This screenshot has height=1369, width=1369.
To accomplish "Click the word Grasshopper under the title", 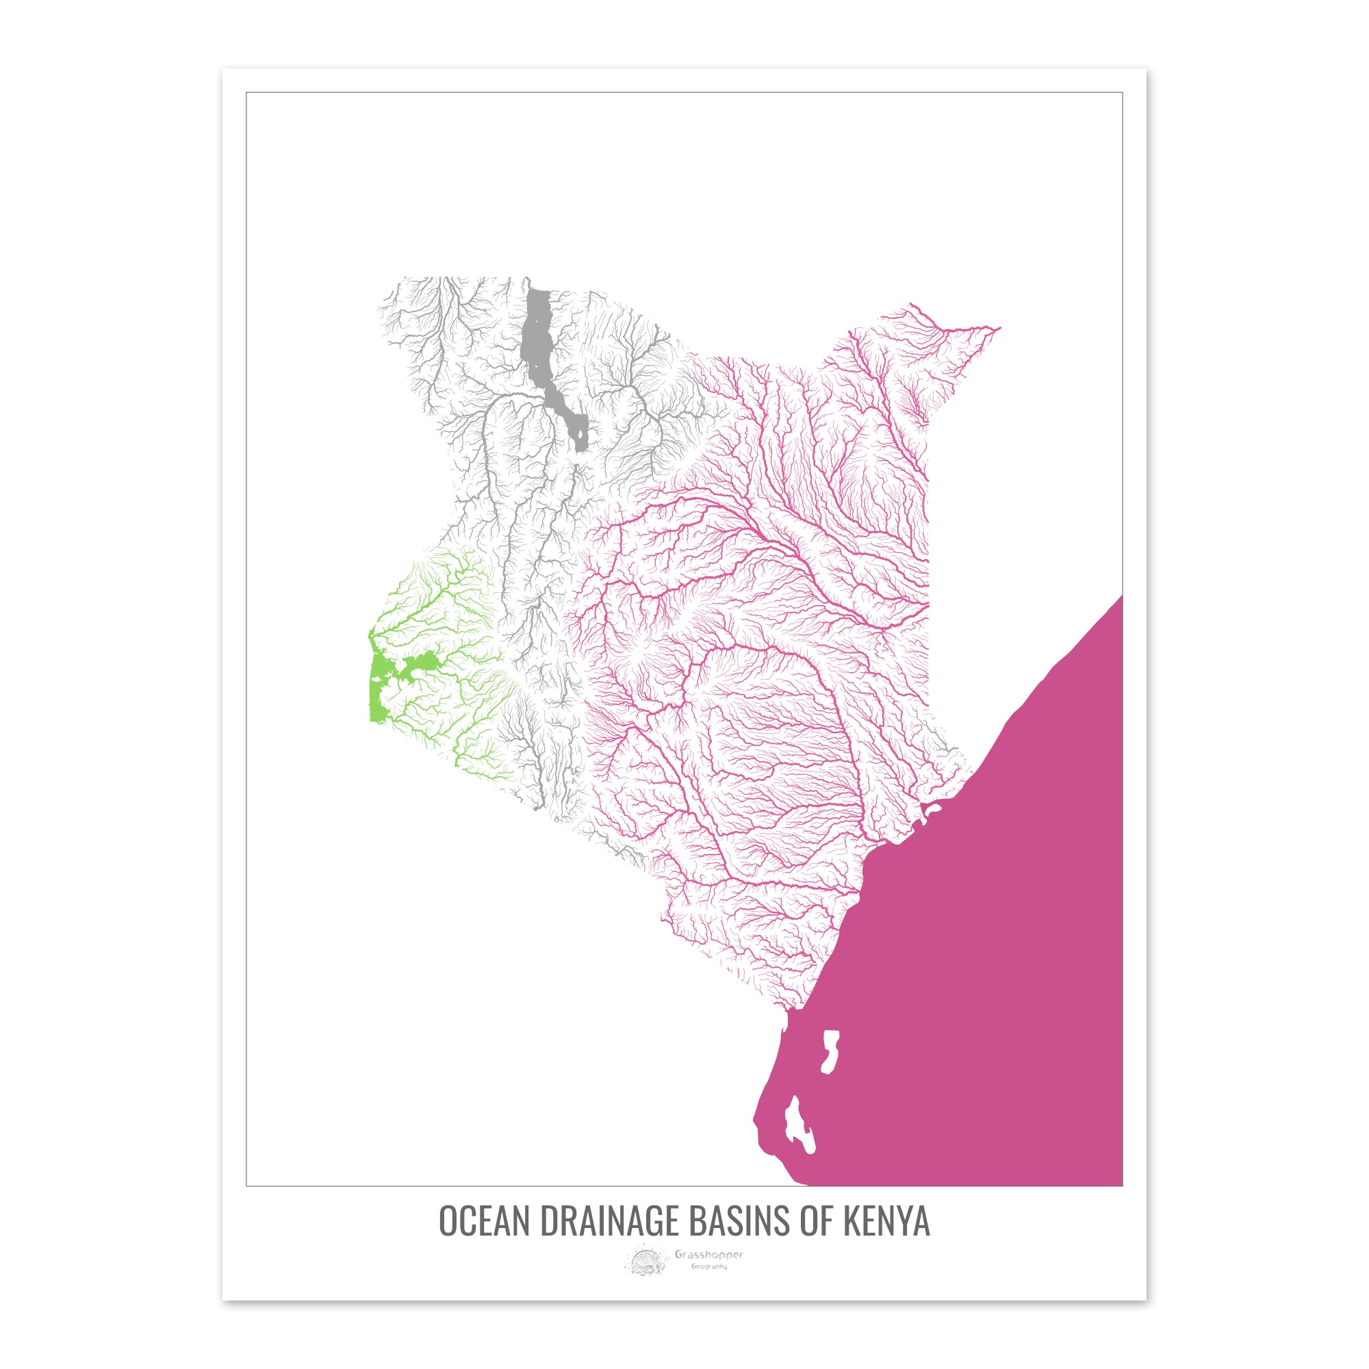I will coord(708,1255).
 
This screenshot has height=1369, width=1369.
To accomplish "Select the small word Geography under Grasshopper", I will coord(708,1266).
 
